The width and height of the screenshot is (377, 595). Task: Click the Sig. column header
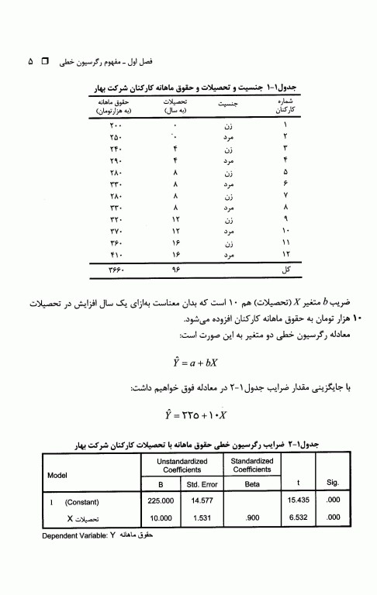point(333,481)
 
